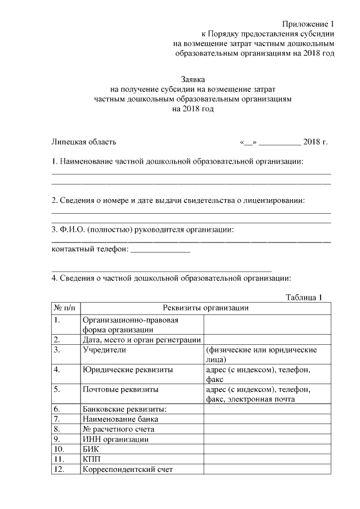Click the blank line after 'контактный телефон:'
[x=160, y=251]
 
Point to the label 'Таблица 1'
[x=304, y=298]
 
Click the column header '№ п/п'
[x=65, y=308]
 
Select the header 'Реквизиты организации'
[x=205, y=308]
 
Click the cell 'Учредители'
[x=104, y=350]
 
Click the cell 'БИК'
[x=90, y=449]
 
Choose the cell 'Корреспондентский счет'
[x=127, y=470]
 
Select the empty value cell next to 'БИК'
[x=267, y=449]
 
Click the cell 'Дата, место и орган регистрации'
[x=141, y=339]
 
